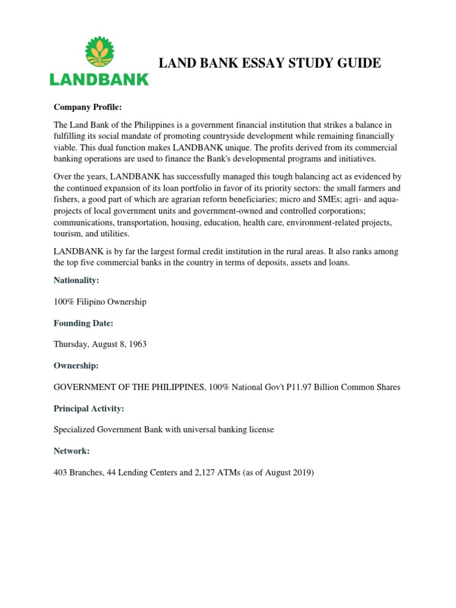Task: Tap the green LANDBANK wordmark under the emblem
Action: pos(99,79)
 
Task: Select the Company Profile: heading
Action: pos(87,107)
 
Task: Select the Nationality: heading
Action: pos(77,280)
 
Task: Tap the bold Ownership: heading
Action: pos(76,366)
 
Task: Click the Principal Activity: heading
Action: pos(89,408)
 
